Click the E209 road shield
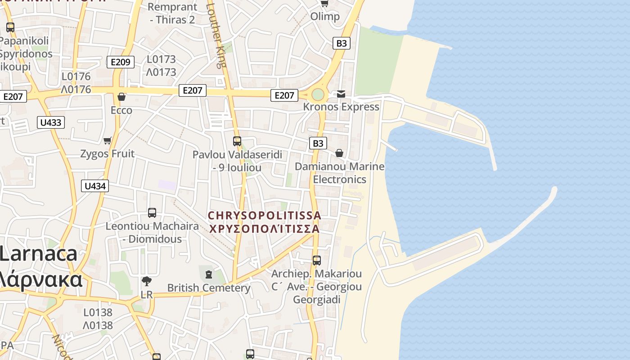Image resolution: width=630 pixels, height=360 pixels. (120, 62)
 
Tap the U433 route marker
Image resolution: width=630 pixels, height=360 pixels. (51, 122)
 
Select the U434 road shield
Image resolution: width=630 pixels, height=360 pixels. (95, 186)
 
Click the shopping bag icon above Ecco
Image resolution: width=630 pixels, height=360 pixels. (121, 97)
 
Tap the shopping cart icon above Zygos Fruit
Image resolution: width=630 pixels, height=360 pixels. (108, 141)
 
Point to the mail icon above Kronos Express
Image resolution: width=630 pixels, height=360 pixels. (341, 94)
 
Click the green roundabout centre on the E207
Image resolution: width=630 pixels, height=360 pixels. (318, 94)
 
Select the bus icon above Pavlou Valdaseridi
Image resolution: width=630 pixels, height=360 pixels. (237, 141)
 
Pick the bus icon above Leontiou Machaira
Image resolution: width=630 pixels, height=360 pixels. (152, 212)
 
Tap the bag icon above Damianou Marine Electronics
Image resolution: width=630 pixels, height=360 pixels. (339, 153)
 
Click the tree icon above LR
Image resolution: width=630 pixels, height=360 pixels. (147, 282)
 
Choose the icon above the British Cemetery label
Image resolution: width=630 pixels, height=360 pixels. (208, 274)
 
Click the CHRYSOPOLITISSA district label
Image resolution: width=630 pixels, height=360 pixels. (265, 216)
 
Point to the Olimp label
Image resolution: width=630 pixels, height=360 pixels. (325, 17)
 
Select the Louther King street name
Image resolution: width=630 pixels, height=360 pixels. (217, 34)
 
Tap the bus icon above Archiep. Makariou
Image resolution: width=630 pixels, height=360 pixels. (317, 260)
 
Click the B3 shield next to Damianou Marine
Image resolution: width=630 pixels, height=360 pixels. (318, 144)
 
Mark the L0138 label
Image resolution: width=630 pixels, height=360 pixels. (98, 312)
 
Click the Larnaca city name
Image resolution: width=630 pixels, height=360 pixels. (39, 254)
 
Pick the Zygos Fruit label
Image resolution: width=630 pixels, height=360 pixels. (107, 154)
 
